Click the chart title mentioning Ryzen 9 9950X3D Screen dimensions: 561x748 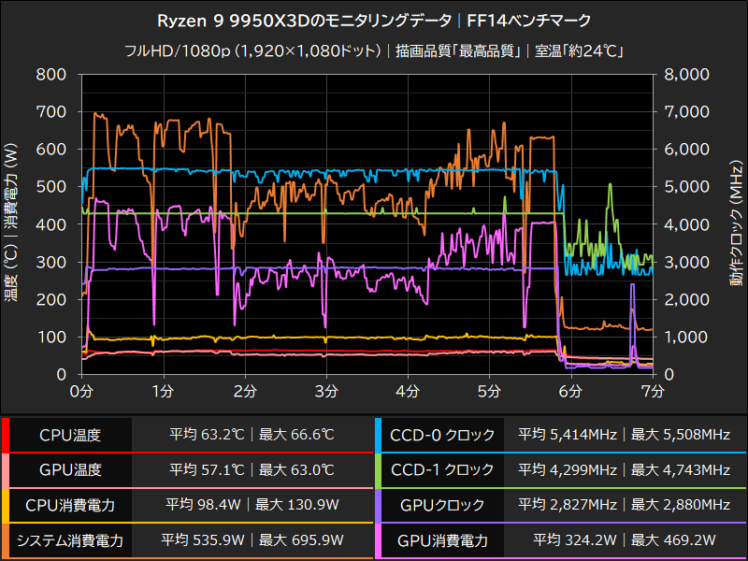(374, 20)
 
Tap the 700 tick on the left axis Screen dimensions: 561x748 (51, 112)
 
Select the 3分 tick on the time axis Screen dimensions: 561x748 (326, 388)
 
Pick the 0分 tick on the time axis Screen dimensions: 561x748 (82, 388)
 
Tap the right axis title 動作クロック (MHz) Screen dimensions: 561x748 (737, 224)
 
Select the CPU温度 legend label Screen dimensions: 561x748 (70, 435)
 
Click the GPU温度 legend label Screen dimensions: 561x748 (70, 470)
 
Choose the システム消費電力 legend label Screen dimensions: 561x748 (70, 540)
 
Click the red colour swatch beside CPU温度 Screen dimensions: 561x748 (5, 435)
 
